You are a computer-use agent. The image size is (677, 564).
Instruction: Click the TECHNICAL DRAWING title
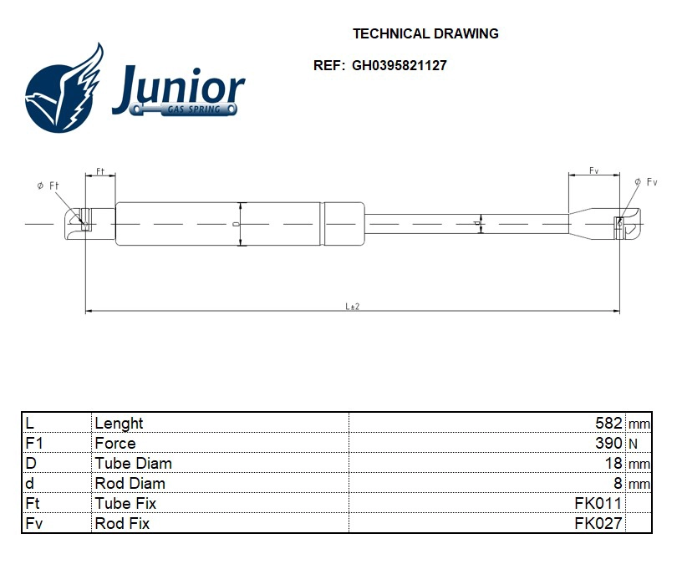click(x=425, y=34)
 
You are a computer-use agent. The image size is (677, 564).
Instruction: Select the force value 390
click(x=608, y=444)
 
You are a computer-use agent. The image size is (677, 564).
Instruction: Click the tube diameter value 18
click(x=613, y=464)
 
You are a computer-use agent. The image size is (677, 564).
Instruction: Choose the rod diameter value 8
click(x=618, y=484)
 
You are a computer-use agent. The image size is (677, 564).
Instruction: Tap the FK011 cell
click(x=598, y=504)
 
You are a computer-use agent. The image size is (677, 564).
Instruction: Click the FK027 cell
click(x=598, y=524)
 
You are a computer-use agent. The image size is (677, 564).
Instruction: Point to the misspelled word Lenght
click(x=119, y=424)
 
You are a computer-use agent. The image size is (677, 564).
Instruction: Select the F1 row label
click(x=34, y=444)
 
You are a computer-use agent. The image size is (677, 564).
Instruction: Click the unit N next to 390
click(x=632, y=444)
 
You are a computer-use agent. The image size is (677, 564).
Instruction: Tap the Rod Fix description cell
click(x=122, y=524)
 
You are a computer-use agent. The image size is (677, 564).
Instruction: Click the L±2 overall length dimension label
click(x=352, y=307)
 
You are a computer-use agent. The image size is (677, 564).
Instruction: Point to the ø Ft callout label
click(x=48, y=185)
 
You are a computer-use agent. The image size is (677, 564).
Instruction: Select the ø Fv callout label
click(x=646, y=182)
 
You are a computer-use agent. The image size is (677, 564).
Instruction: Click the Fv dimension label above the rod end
click(x=593, y=170)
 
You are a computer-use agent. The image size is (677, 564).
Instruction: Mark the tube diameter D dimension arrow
click(x=241, y=224)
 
